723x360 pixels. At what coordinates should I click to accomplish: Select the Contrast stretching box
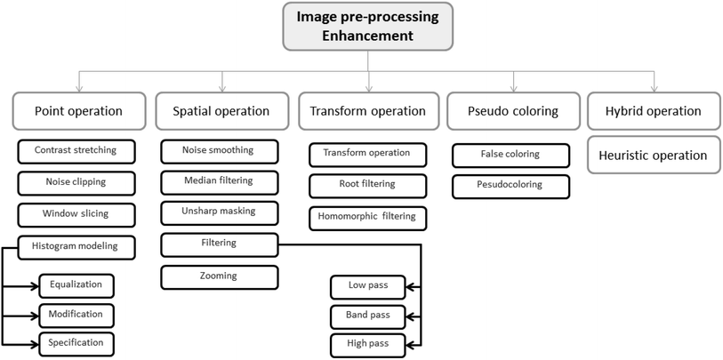tap(77, 151)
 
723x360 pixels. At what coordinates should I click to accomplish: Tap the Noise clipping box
tap(77, 182)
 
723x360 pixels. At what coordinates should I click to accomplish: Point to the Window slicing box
tap(77, 214)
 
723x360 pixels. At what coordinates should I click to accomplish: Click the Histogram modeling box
tap(77, 245)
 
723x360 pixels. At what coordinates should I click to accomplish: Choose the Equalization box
tap(76, 285)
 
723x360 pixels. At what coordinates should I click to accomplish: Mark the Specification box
tap(76, 342)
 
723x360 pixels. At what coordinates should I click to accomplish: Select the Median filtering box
tap(218, 181)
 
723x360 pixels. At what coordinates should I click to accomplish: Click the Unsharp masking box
tap(218, 212)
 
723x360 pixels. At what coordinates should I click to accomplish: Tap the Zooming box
tap(218, 276)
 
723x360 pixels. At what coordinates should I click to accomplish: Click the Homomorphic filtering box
tap(367, 217)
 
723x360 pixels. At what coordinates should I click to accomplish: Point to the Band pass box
tap(367, 315)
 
